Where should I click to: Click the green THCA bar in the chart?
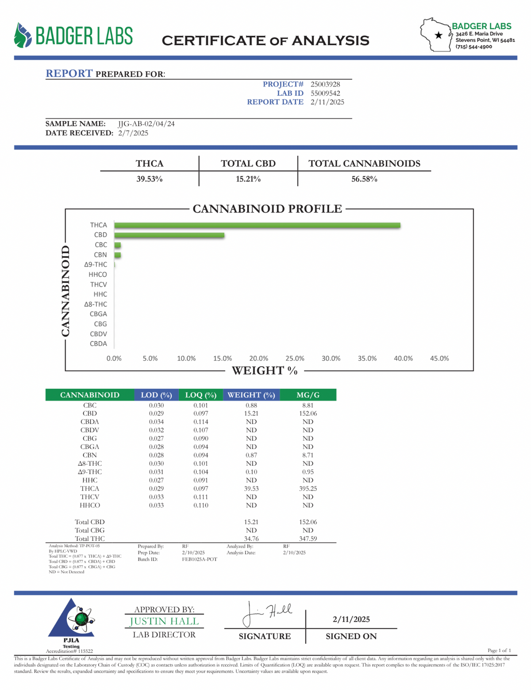coord(257,226)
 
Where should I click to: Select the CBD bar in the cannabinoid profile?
coord(169,235)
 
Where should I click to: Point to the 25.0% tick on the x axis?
coord(295,358)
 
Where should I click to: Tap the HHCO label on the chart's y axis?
coord(97,275)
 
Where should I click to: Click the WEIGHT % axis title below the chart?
coord(265,371)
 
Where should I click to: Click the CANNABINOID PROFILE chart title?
coord(267,209)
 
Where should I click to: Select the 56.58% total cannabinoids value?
coord(364,179)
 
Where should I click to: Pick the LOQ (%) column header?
coord(200,395)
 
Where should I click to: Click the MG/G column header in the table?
coord(308,395)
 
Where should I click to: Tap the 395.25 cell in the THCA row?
coord(308,489)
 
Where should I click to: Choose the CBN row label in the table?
coord(89,455)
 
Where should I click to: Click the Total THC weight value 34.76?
coord(251,539)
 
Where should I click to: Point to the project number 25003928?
coord(325,84)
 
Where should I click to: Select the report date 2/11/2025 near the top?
coord(327,102)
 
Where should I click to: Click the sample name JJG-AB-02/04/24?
coord(146,124)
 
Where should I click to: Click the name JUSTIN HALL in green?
coord(164,621)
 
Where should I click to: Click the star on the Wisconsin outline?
coord(439,35)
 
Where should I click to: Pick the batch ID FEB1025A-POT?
coord(200,560)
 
